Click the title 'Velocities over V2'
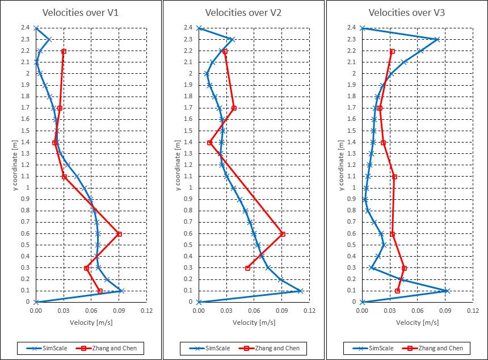click(243, 12)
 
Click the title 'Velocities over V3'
click(406, 12)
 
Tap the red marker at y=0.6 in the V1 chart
click(119, 233)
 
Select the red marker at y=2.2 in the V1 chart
click(64, 51)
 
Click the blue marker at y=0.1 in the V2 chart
click(300, 291)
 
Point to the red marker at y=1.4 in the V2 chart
click(210, 143)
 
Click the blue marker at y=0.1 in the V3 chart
click(446, 291)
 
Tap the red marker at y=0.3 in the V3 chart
click(404, 268)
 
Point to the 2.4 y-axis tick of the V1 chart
click(27, 28)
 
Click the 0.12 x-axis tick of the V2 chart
click(309, 311)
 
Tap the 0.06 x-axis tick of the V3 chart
click(417, 311)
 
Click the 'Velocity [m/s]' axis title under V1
click(91, 323)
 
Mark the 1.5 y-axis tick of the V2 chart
click(190, 131)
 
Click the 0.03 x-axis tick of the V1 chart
click(64, 311)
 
